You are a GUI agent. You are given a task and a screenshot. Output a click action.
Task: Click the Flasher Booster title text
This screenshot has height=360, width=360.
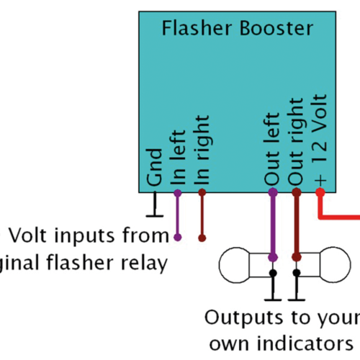click(x=237, y=28)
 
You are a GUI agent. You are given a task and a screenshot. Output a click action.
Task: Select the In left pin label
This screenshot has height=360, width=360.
click(x=179, y=156)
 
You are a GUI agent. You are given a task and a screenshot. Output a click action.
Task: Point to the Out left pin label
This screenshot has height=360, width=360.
click(x=272, y=148)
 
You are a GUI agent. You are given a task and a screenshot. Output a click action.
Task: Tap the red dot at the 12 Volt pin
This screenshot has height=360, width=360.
click(x=320, y=192)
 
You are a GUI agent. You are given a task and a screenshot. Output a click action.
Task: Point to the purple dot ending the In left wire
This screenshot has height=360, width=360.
click(x=178, y=237)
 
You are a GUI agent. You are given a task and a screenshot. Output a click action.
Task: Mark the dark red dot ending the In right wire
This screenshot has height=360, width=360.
click(x=203, y=237)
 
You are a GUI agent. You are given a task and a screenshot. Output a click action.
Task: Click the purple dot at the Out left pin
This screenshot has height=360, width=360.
click(x=272, y=192)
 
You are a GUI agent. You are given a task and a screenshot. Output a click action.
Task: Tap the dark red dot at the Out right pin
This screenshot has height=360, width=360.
click(x=296, y=192)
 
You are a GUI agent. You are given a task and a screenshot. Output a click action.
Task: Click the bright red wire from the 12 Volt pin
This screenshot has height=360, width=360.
click(x=338, y=216)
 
